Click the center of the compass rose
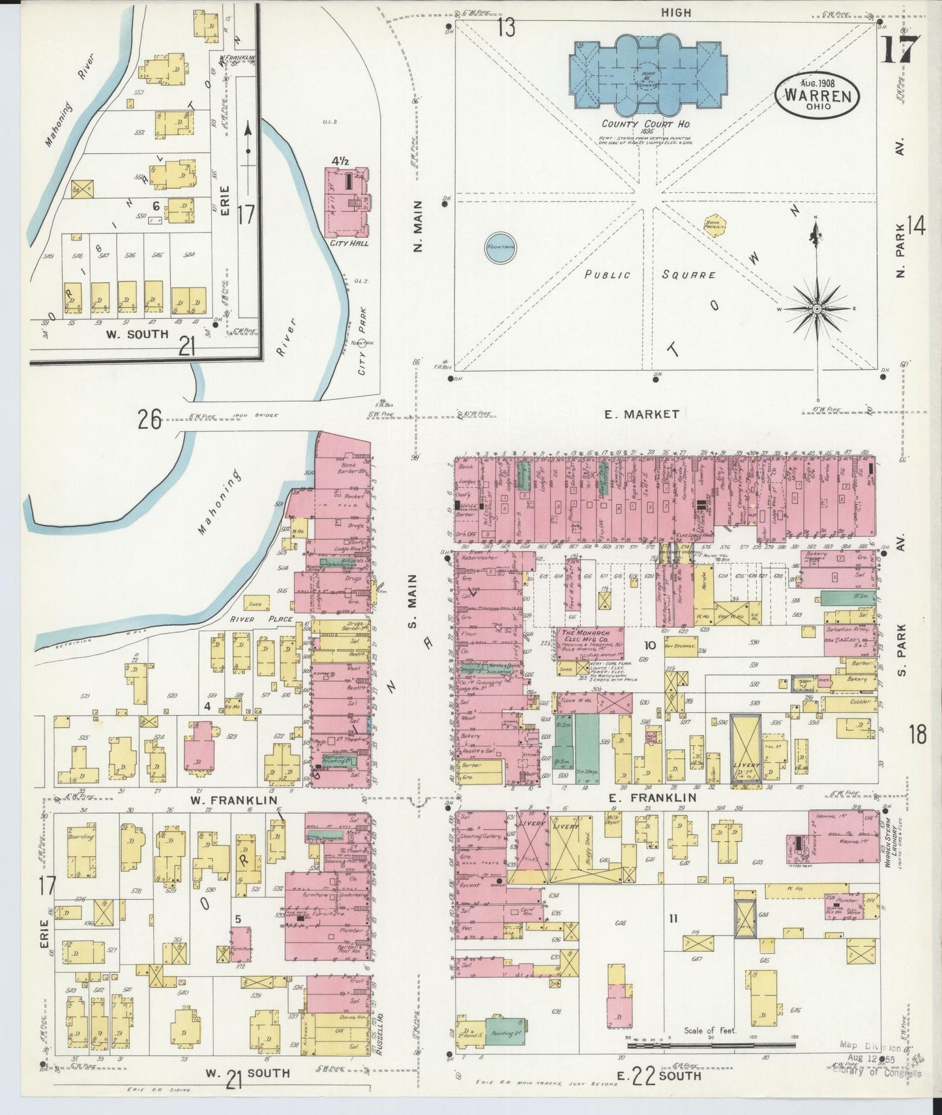(x=817, y=308)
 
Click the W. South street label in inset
(x=138, y=334)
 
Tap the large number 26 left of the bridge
(x=149, y=420)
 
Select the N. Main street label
(x=418, y=226)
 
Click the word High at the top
(x=676, y=12)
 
